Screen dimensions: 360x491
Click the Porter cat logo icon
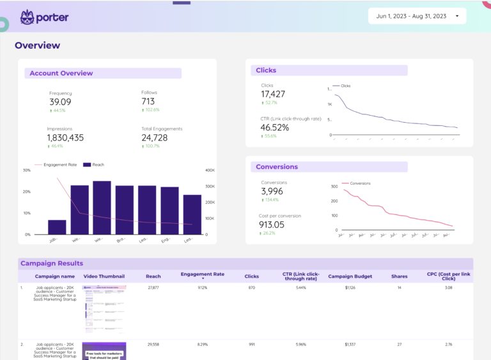(x=27, y=17)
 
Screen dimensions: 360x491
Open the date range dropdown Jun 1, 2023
(x=416, y=16)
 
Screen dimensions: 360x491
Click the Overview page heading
(x=37, y=45)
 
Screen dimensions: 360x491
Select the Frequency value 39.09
(x=60, y=102)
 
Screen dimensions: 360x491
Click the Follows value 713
(x=148, y=101)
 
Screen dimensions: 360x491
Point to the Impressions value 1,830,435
(x=65, y=137)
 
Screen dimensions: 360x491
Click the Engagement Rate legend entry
(x=60, y=165)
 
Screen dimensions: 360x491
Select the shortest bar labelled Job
(x=57, y=227)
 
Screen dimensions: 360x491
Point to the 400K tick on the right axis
(x=209, y=170)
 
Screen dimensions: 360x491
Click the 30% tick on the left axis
(x=26, y=170)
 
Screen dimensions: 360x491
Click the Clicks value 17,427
(x=273, y=94)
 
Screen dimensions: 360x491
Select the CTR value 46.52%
(x=275, y=127)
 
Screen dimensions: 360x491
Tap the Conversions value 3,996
(x=272, y=191)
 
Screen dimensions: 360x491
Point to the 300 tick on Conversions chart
(x=333, y=187)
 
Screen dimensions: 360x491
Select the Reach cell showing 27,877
(x=153, y=288)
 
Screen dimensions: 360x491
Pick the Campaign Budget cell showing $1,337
(x=350, y=344)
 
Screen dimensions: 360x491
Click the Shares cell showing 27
(x=399, y=344)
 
